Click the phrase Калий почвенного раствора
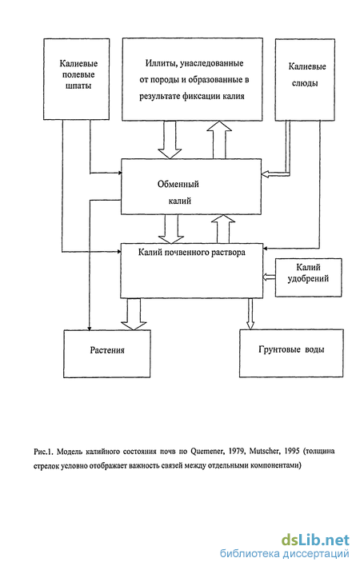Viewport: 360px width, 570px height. click(192, 253)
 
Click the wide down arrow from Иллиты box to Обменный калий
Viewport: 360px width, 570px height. click(170, 140)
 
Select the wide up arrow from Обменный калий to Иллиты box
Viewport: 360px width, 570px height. click(219, 140)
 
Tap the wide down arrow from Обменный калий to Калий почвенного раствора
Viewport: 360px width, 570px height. click(171, 229)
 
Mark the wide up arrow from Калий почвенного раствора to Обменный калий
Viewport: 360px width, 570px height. click(223, 229)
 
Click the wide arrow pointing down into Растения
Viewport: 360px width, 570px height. click(134, 314)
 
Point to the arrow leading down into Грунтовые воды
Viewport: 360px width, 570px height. click(250, 313)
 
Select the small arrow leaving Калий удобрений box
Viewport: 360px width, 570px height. click(269, 277)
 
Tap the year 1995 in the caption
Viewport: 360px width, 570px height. click(291, 451)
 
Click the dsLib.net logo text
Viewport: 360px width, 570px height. click(315, 540)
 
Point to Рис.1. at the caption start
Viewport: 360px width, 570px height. click(44, 452)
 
